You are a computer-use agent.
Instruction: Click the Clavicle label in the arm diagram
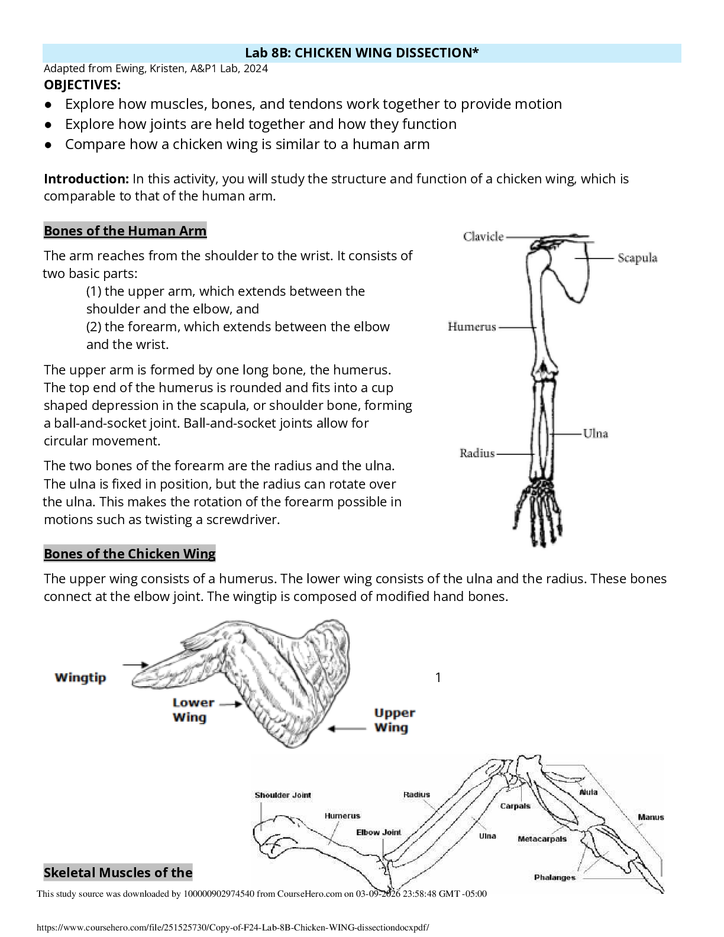click(x=483, y=237)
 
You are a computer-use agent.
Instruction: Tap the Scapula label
click(x=637, y=258)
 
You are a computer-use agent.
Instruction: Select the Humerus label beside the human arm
click(x=471, y=327)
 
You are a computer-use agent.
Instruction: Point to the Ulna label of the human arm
click(x=595, y=434)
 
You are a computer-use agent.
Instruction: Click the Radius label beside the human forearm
click(x=477, y=454)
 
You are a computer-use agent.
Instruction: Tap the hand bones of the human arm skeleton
click(x=538, y=509)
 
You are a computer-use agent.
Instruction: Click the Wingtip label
click(x=80, y=677)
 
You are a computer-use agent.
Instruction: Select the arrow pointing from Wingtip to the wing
click(x=135, y=665)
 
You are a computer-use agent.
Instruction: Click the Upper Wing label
click(x=395, y=720)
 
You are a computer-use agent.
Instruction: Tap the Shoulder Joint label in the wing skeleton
click(x=283, y=795)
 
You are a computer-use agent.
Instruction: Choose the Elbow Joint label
click(x=379, y=832)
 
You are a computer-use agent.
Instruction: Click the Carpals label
click(x=515, y=806)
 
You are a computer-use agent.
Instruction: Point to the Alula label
click(x=588, y=792)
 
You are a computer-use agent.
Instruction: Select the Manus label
click(x=651, y=818)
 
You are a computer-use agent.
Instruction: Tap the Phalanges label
click(x=554, y=877)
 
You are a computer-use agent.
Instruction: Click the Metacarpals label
click(x=542, y=839)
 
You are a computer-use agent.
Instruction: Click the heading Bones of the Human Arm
click(x=125, y=231)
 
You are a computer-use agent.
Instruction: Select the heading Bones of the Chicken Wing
click(x=130, y=554)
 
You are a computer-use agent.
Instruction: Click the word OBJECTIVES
click(x=82, y=85)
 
